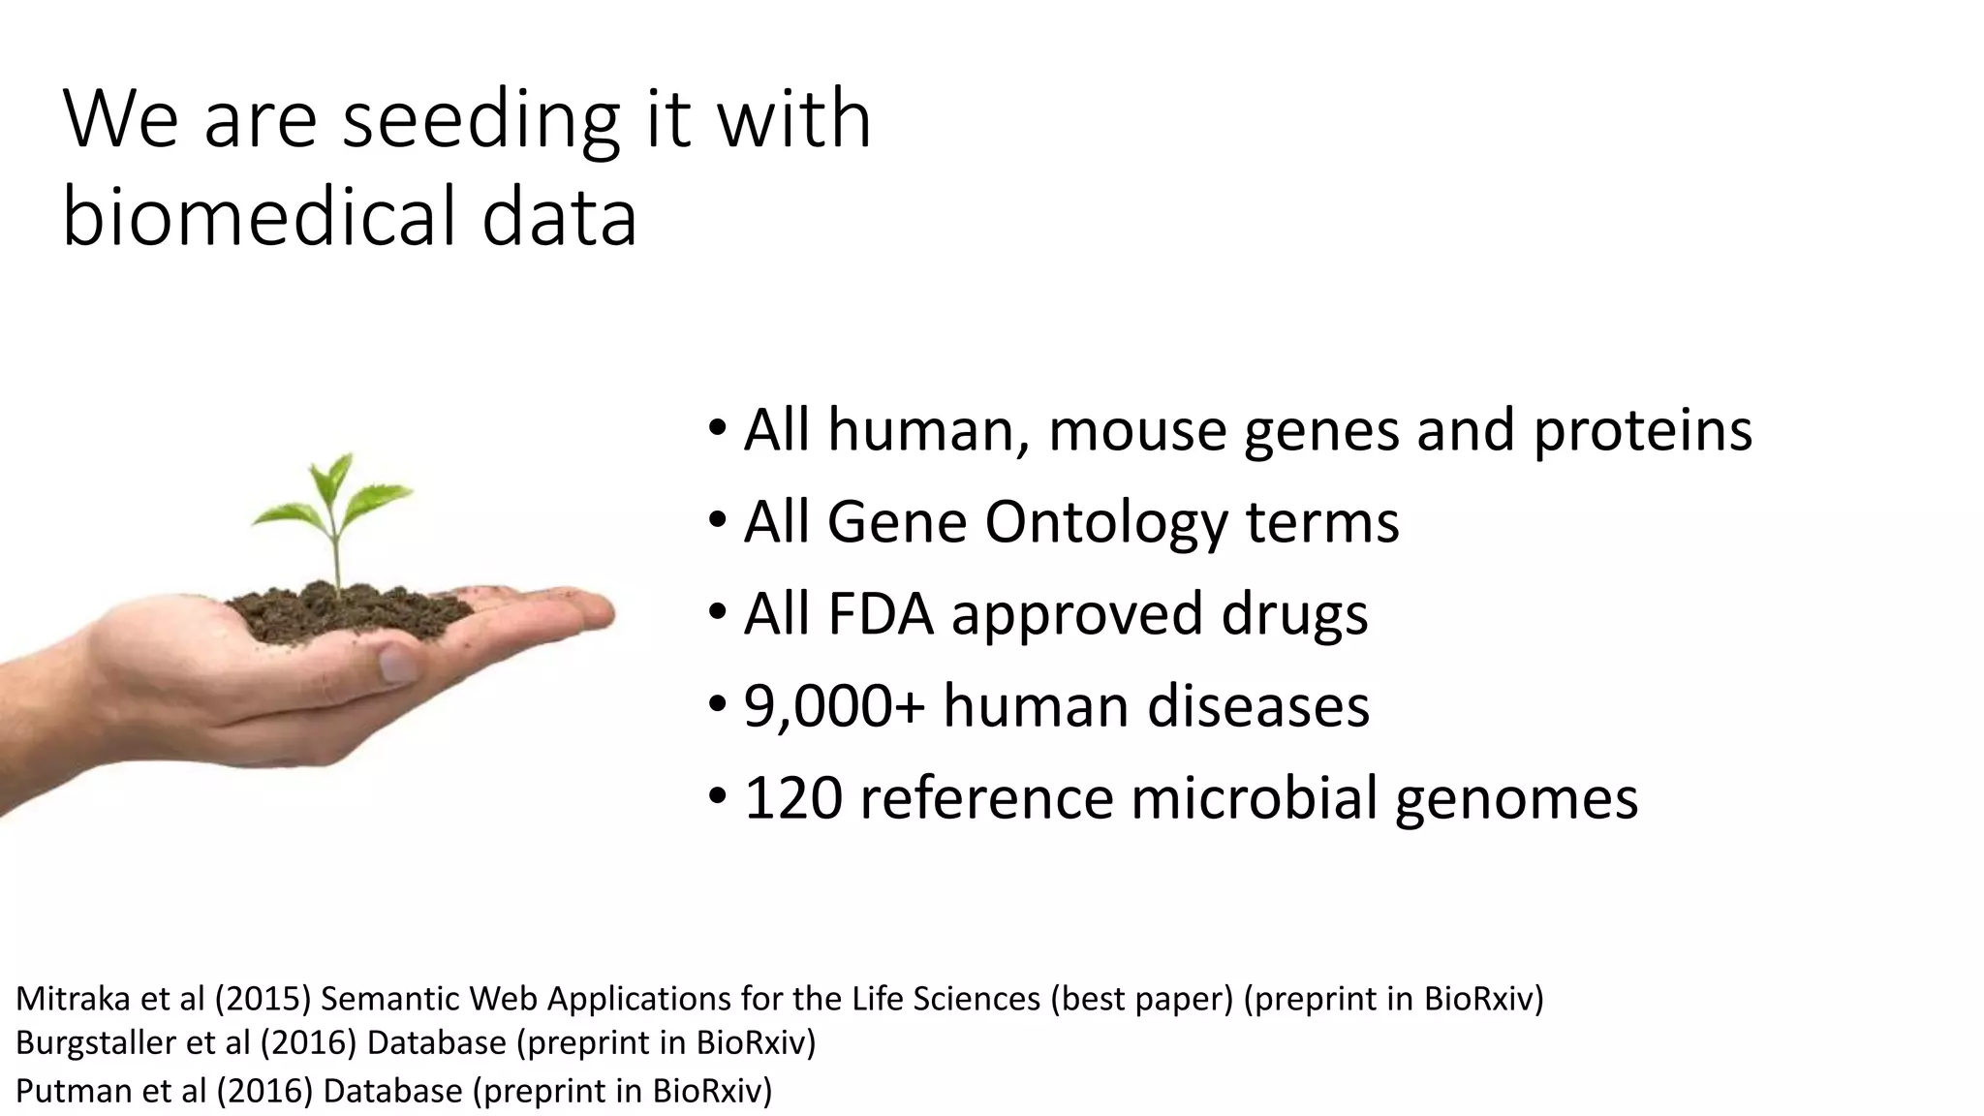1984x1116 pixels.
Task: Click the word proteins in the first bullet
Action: [1642, 430]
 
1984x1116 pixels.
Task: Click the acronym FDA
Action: [880, 614]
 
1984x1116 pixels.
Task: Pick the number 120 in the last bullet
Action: [793, 798]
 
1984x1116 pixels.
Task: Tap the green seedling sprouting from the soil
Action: [334, 513]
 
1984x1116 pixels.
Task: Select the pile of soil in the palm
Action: [344, 610]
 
